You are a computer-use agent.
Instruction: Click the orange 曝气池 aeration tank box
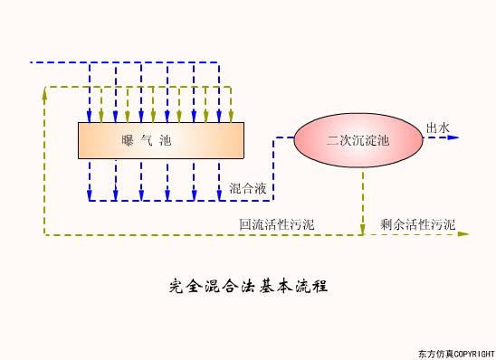162,140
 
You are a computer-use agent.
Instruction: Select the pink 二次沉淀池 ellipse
358,139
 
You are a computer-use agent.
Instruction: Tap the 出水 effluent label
437,128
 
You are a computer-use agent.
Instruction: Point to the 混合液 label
247,188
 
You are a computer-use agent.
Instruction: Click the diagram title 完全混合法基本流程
247,287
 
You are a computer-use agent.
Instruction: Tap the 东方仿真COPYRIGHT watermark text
456,351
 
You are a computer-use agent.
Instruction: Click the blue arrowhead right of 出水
454,138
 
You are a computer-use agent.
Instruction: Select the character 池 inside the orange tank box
164,140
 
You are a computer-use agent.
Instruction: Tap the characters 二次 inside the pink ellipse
339,140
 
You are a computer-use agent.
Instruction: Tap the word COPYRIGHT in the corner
473,351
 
